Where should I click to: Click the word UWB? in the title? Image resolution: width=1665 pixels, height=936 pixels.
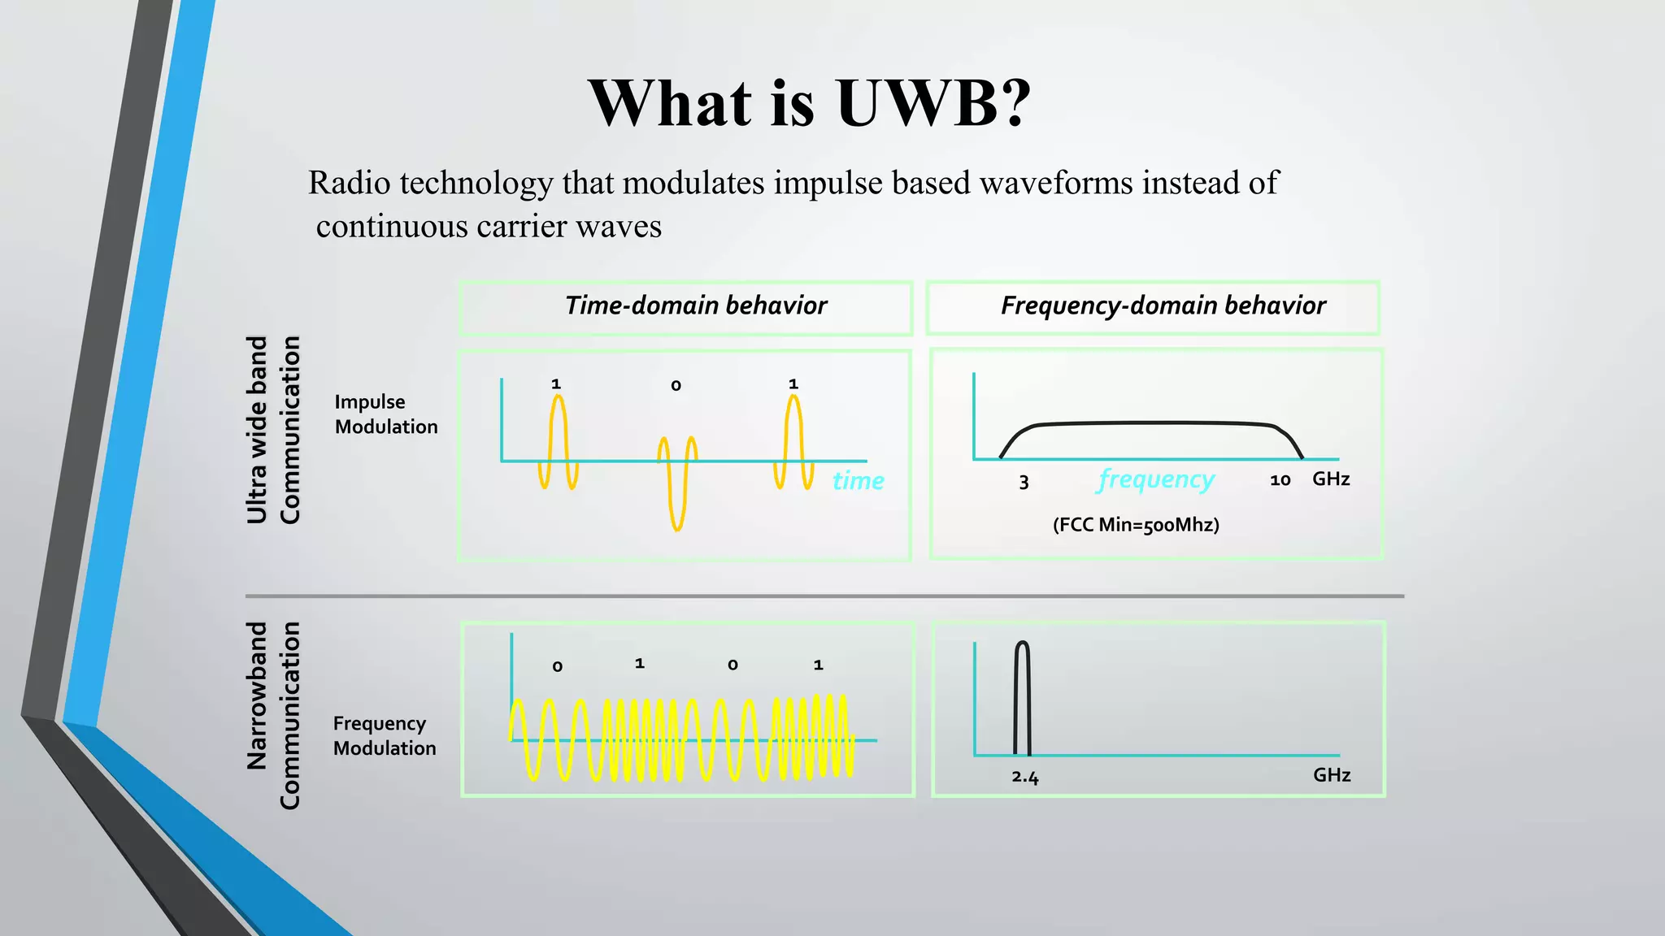click(x=933, y=103)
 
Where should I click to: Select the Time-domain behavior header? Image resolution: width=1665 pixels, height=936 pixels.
click(x=696, y=305)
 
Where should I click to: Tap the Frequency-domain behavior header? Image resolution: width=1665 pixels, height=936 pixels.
click(x=1163, y=305)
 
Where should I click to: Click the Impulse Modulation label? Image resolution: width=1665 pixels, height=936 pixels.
click(x=385, y=414)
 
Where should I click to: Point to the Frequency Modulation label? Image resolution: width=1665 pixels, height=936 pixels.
click(x=384, y=735)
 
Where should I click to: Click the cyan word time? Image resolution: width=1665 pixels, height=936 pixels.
click(x=858, y=481)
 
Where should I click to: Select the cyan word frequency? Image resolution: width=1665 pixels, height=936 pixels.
click(x=1156, y=479)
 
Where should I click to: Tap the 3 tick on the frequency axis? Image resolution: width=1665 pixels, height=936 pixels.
click(x=1024, y=483)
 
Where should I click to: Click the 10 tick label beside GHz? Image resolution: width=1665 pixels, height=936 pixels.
click(x=1280, y=480)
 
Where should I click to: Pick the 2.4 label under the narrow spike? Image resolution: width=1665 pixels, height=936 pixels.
click(x=1025, y=778)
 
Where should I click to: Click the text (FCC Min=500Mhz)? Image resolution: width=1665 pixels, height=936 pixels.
click(x=1136, y=525)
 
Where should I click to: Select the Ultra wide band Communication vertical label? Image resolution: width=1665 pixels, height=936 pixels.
click(x=273, y=430)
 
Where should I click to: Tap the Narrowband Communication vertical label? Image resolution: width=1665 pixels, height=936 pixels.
click(x=273, y=715)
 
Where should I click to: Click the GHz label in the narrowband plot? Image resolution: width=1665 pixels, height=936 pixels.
click(x=1332, y=775)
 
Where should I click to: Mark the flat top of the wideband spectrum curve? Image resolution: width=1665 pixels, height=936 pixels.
click(x=1154, y=423)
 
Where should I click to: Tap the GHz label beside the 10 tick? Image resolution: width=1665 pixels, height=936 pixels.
click(x=1331, y=479)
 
